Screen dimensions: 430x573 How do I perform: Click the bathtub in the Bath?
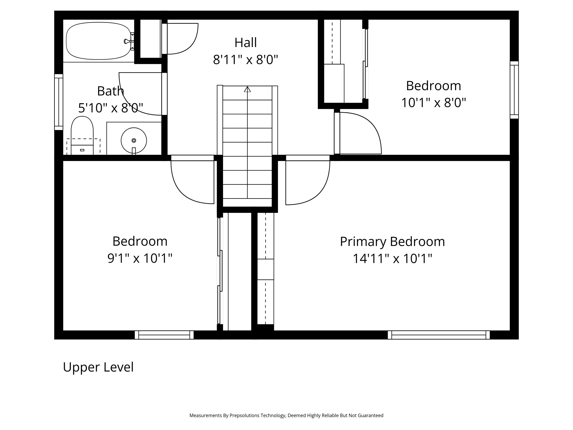point(98,41)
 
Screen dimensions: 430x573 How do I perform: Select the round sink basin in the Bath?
point(134,141)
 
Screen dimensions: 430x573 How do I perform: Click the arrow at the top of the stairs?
point(247,89)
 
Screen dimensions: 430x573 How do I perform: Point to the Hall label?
point(245,43)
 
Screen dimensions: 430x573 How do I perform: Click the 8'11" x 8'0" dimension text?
point(245,60)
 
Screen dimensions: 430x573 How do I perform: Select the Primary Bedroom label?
point(392,241)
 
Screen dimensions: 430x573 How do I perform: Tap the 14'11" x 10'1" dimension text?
point(392,259)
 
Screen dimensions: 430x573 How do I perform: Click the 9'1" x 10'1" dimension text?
point(140,258)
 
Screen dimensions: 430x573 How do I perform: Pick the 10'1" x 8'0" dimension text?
point(433,103)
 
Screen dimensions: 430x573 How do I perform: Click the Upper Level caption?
point(98,367)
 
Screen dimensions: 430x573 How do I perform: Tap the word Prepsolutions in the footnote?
point(244,416)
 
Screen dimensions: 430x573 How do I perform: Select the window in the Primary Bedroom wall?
point(438,335)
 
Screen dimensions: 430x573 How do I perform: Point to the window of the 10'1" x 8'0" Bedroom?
point(514,90)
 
